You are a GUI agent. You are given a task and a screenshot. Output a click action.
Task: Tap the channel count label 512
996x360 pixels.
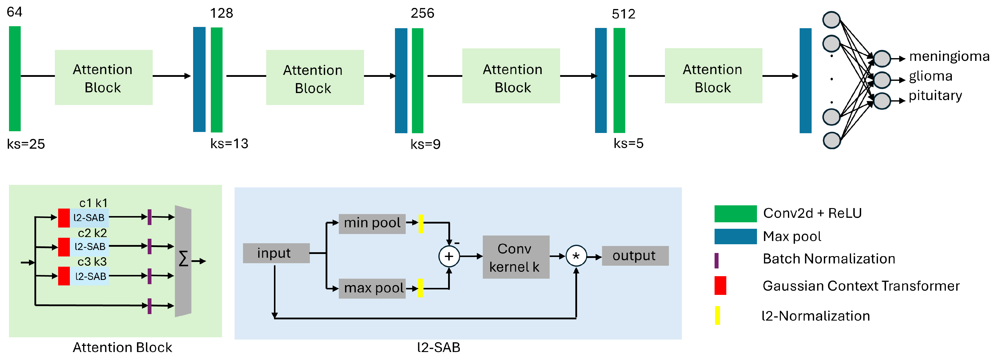pos(623,14)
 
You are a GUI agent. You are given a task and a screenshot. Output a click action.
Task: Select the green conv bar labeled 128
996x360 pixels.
pos(217,80)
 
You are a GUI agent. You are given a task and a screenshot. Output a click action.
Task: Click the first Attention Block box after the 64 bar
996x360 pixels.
pos(103,77)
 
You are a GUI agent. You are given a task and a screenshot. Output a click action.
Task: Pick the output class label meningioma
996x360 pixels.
pos(949,56)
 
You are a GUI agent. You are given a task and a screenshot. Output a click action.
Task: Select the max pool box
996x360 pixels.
pos(372,288)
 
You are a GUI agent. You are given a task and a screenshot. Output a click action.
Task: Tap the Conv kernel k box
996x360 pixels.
pos(516,257)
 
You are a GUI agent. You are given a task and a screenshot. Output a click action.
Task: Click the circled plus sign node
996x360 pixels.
pos(449,256)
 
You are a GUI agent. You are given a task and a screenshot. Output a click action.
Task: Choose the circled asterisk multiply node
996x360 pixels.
pos(576,256)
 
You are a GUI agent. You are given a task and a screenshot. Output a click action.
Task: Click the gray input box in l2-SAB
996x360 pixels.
pos(276,253)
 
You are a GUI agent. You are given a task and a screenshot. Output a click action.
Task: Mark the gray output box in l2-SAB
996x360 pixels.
pos(635,256)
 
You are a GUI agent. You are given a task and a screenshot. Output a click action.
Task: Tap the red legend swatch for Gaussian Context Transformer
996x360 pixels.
pos(720,285)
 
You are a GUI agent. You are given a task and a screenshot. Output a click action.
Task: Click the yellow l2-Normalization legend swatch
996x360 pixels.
pos(717,315)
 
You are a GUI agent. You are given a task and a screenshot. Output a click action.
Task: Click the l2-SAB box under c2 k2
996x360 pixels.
pos(90,247)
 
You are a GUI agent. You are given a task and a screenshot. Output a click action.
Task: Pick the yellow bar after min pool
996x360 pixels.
pos(421,224)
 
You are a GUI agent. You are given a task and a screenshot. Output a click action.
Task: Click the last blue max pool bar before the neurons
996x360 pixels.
pos(805,80)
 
